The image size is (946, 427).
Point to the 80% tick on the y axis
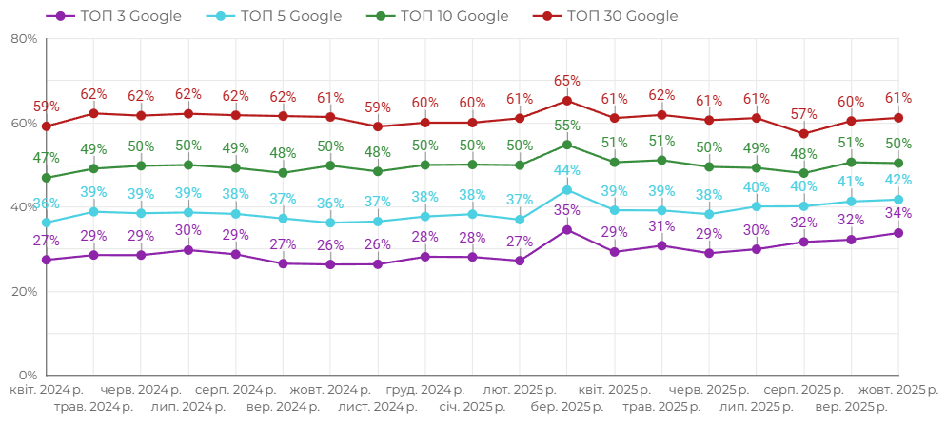[24, 39]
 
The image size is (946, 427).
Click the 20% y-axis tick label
[24, 291]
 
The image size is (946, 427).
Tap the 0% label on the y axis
[29, 375]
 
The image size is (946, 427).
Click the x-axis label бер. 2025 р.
[567, 407]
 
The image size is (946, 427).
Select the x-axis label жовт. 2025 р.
[898, 390]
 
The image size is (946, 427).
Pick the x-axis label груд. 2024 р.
[424, 390]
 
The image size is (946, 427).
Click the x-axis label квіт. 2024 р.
[46, 390]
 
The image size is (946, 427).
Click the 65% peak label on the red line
[567, 82]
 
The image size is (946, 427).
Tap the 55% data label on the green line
[567, 126]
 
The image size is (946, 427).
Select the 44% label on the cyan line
[567, 170]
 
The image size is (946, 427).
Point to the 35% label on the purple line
[567, 210]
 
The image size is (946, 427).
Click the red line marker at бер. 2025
[567, 101]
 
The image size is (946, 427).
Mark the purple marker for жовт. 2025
[898, 233]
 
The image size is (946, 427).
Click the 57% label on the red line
[804, 114]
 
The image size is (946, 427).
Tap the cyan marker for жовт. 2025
[898, 200]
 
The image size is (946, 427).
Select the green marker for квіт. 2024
[46, 178]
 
